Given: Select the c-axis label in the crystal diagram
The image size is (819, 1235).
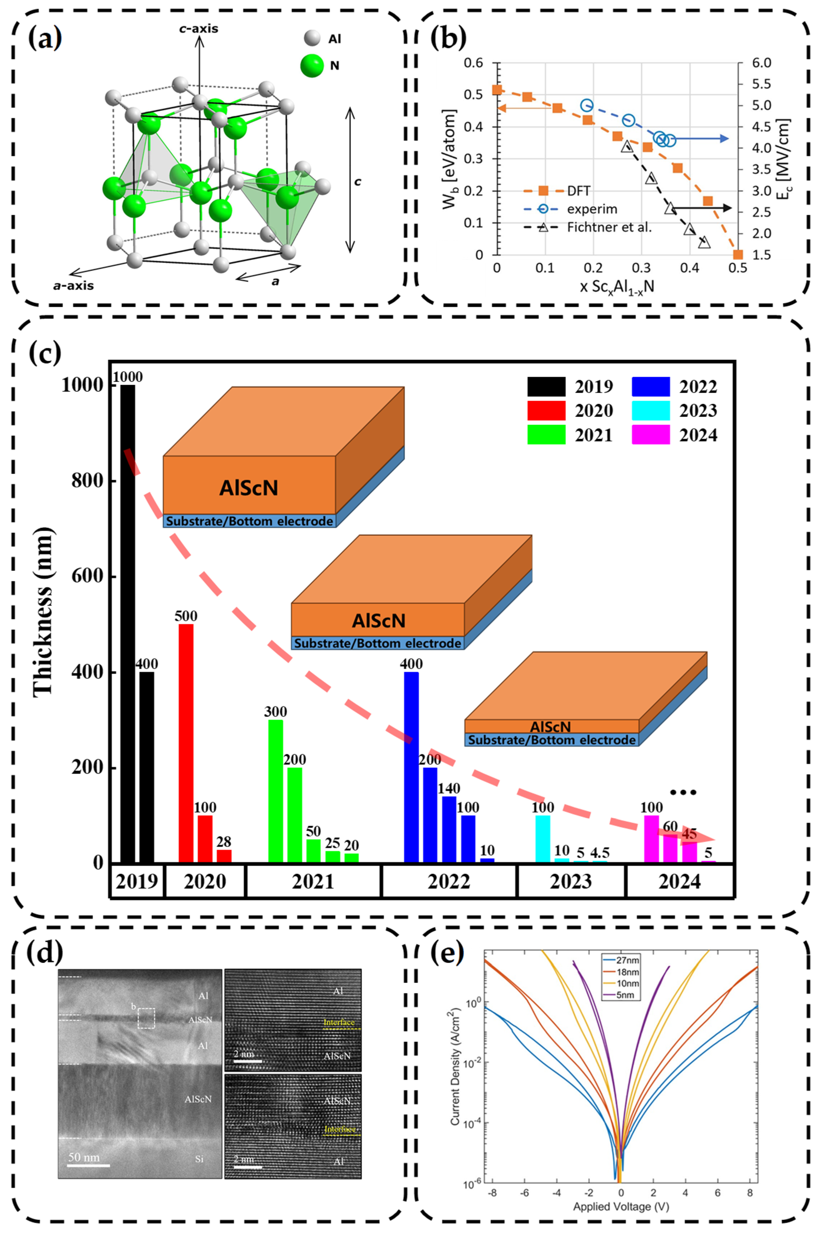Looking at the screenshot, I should point(199,29).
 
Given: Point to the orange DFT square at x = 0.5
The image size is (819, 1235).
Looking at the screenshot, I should point(738,255).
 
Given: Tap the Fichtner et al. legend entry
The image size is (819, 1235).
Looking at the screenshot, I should point(609,228).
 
